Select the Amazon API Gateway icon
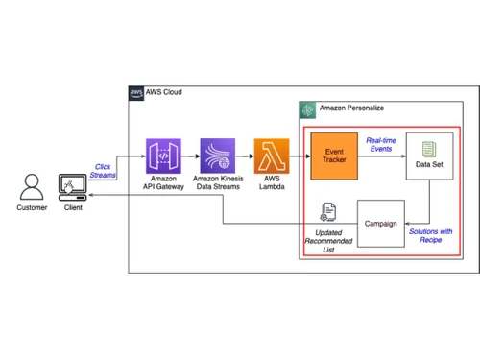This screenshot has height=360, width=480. click(x=162, y=156)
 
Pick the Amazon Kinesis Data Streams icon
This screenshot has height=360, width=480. click(x=217, y=156)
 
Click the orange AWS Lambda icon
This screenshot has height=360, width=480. click(x=271, y=156)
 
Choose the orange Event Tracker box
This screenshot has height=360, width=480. click(x=334, y=156)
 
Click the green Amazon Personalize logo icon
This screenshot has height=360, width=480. click(x=307, y=109)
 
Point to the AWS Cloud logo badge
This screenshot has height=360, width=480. click(x=136, y=93)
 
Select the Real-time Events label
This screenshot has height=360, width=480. click(x=382, y=145)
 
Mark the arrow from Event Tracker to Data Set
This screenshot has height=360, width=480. click(x=382, y=156)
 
